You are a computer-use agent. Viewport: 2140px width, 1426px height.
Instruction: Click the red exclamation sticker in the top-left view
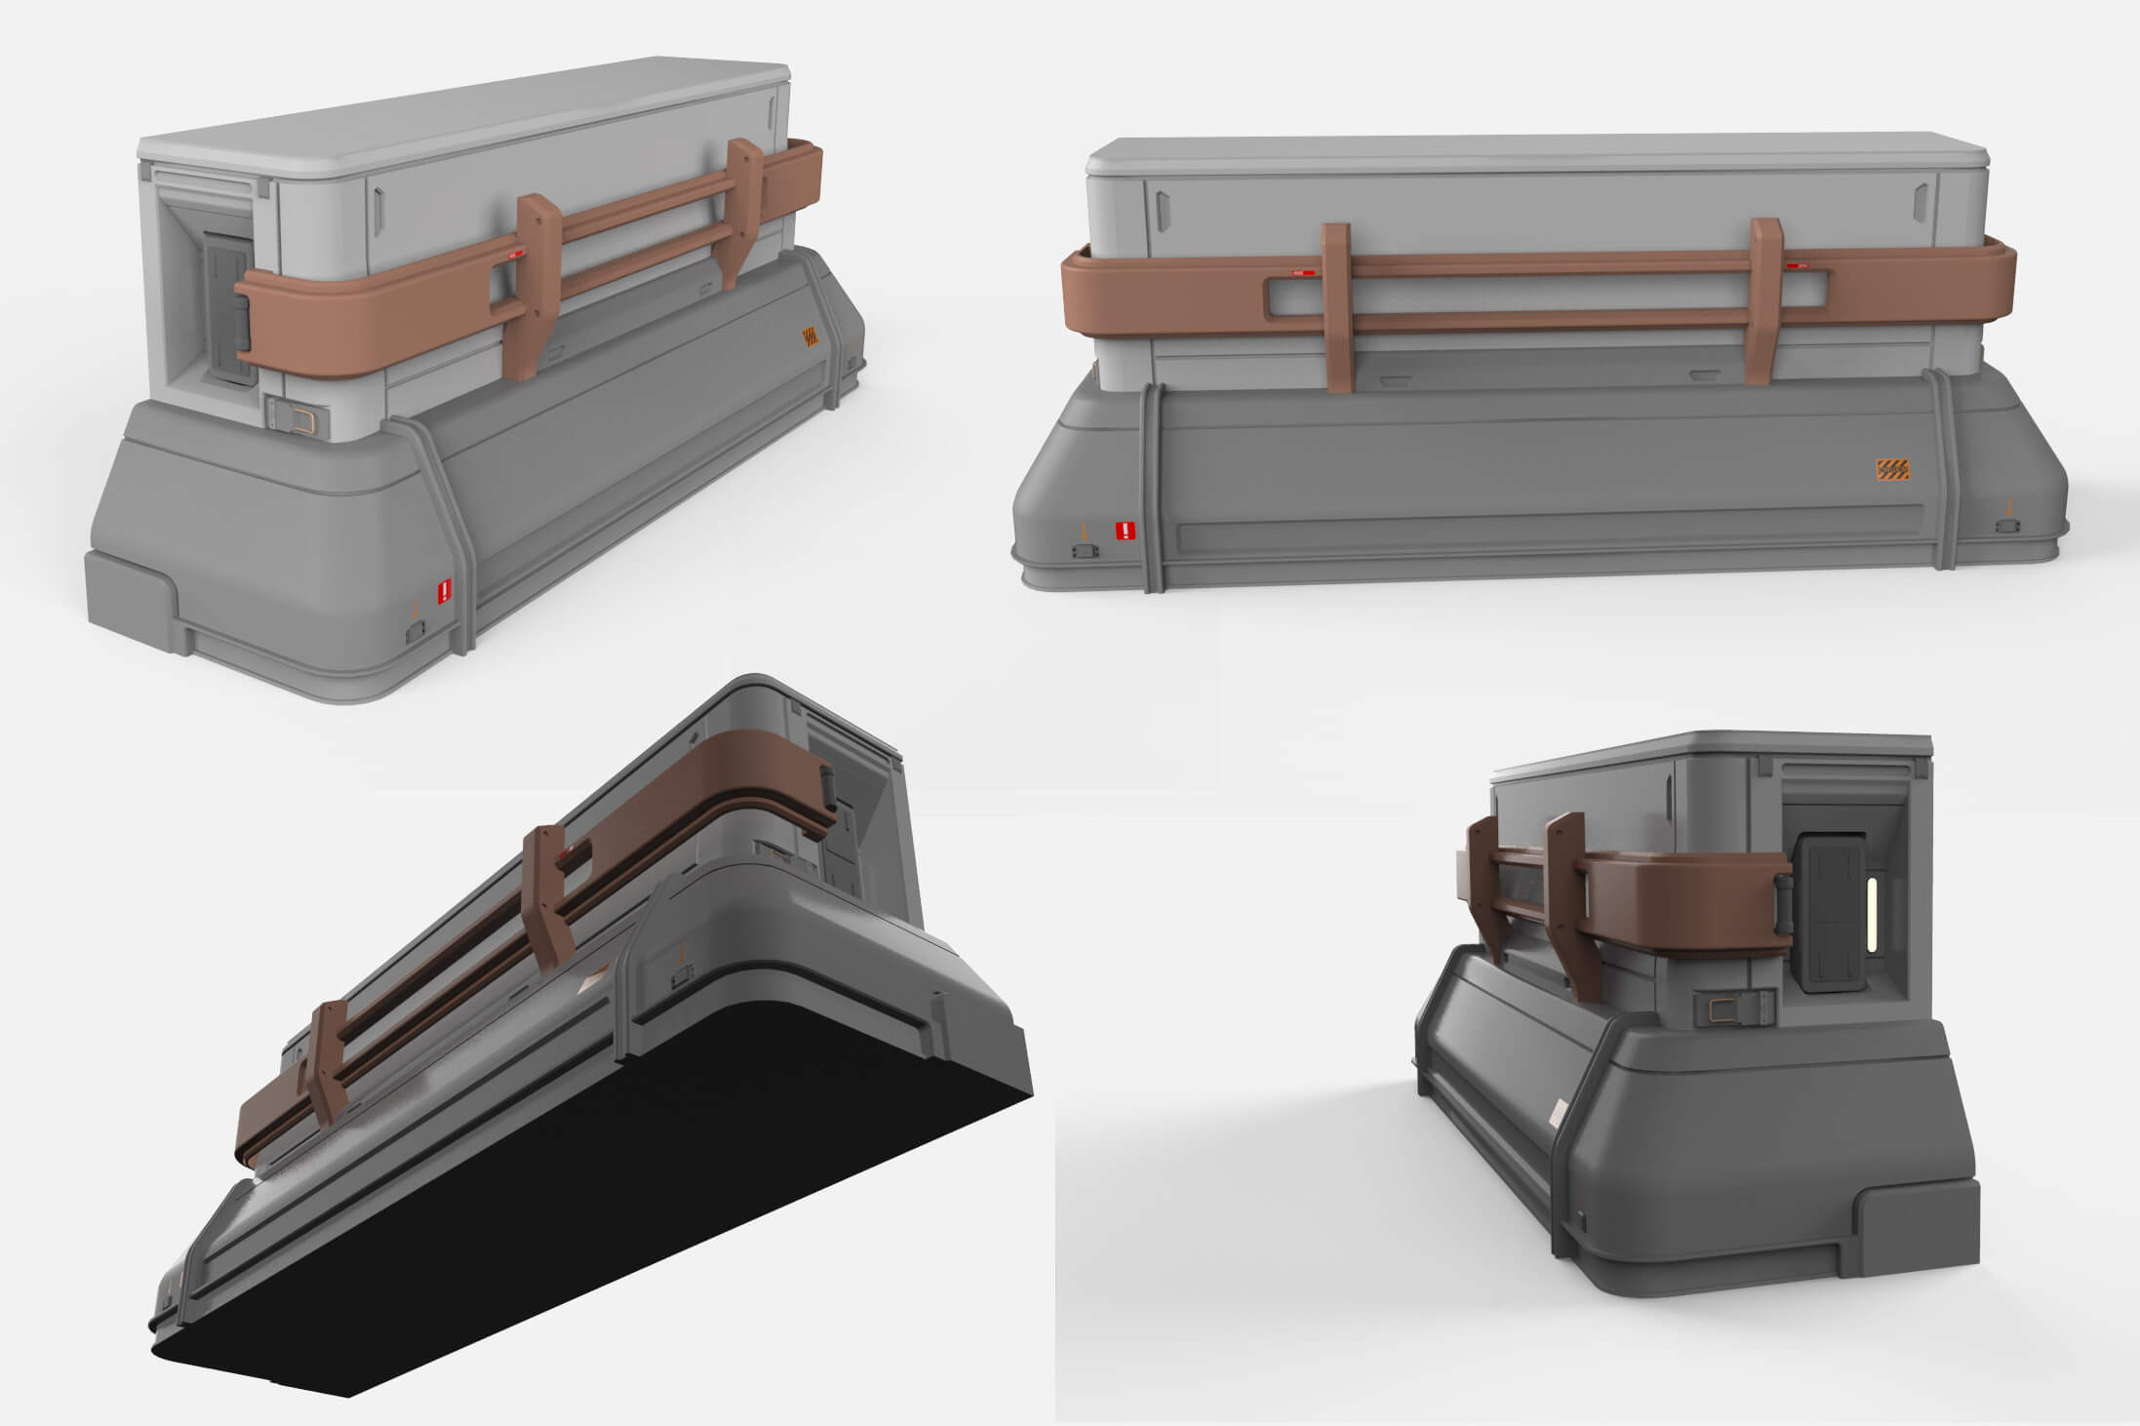point(446,590)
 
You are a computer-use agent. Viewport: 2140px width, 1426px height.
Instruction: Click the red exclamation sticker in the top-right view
point(1126,531)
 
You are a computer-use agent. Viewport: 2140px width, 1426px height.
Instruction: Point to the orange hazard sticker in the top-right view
point(1892,470)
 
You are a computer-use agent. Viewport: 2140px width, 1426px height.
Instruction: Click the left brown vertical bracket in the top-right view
point(1336,307)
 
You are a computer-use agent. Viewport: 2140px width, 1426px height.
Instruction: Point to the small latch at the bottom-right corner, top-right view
point(2007,526)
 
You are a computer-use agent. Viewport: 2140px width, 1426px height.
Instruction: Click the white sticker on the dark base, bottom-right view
point(1558,1112)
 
